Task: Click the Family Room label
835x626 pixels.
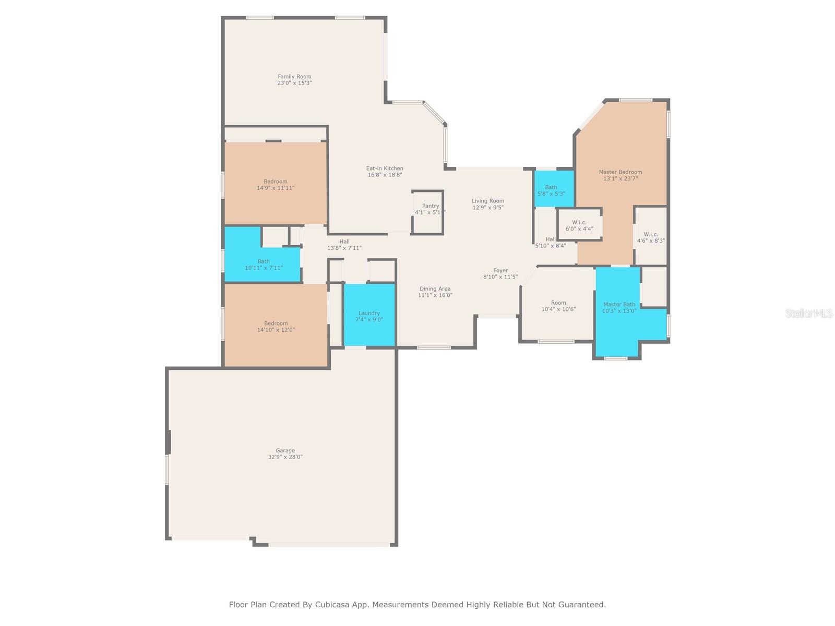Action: click(294, 77)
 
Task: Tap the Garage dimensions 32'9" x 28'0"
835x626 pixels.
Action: click(285, 457)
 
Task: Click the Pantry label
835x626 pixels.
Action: click(431, 206)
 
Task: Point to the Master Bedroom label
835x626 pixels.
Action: click(620, 172)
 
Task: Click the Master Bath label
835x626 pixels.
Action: click(619, 305)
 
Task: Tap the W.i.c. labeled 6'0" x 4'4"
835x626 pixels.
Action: click(579, 225)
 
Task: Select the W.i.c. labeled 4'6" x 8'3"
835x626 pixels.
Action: click(651, 237)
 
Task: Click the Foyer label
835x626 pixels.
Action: click(500, 271)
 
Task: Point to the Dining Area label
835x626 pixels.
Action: click(435, 289)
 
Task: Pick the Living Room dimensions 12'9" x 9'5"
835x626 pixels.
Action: click(488, 208)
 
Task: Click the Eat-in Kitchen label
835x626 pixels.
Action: click(385, 168)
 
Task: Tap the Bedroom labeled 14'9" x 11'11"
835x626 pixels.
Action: click(276, 185)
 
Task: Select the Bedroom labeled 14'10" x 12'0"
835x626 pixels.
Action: click(276, 327)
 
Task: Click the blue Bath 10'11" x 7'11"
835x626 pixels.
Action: click(264, 264)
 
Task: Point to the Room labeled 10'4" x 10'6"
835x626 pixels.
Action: click(558, 306)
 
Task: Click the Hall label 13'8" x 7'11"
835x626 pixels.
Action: click(344, 245)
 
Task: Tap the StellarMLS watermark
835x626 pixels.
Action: click(809, 313)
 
